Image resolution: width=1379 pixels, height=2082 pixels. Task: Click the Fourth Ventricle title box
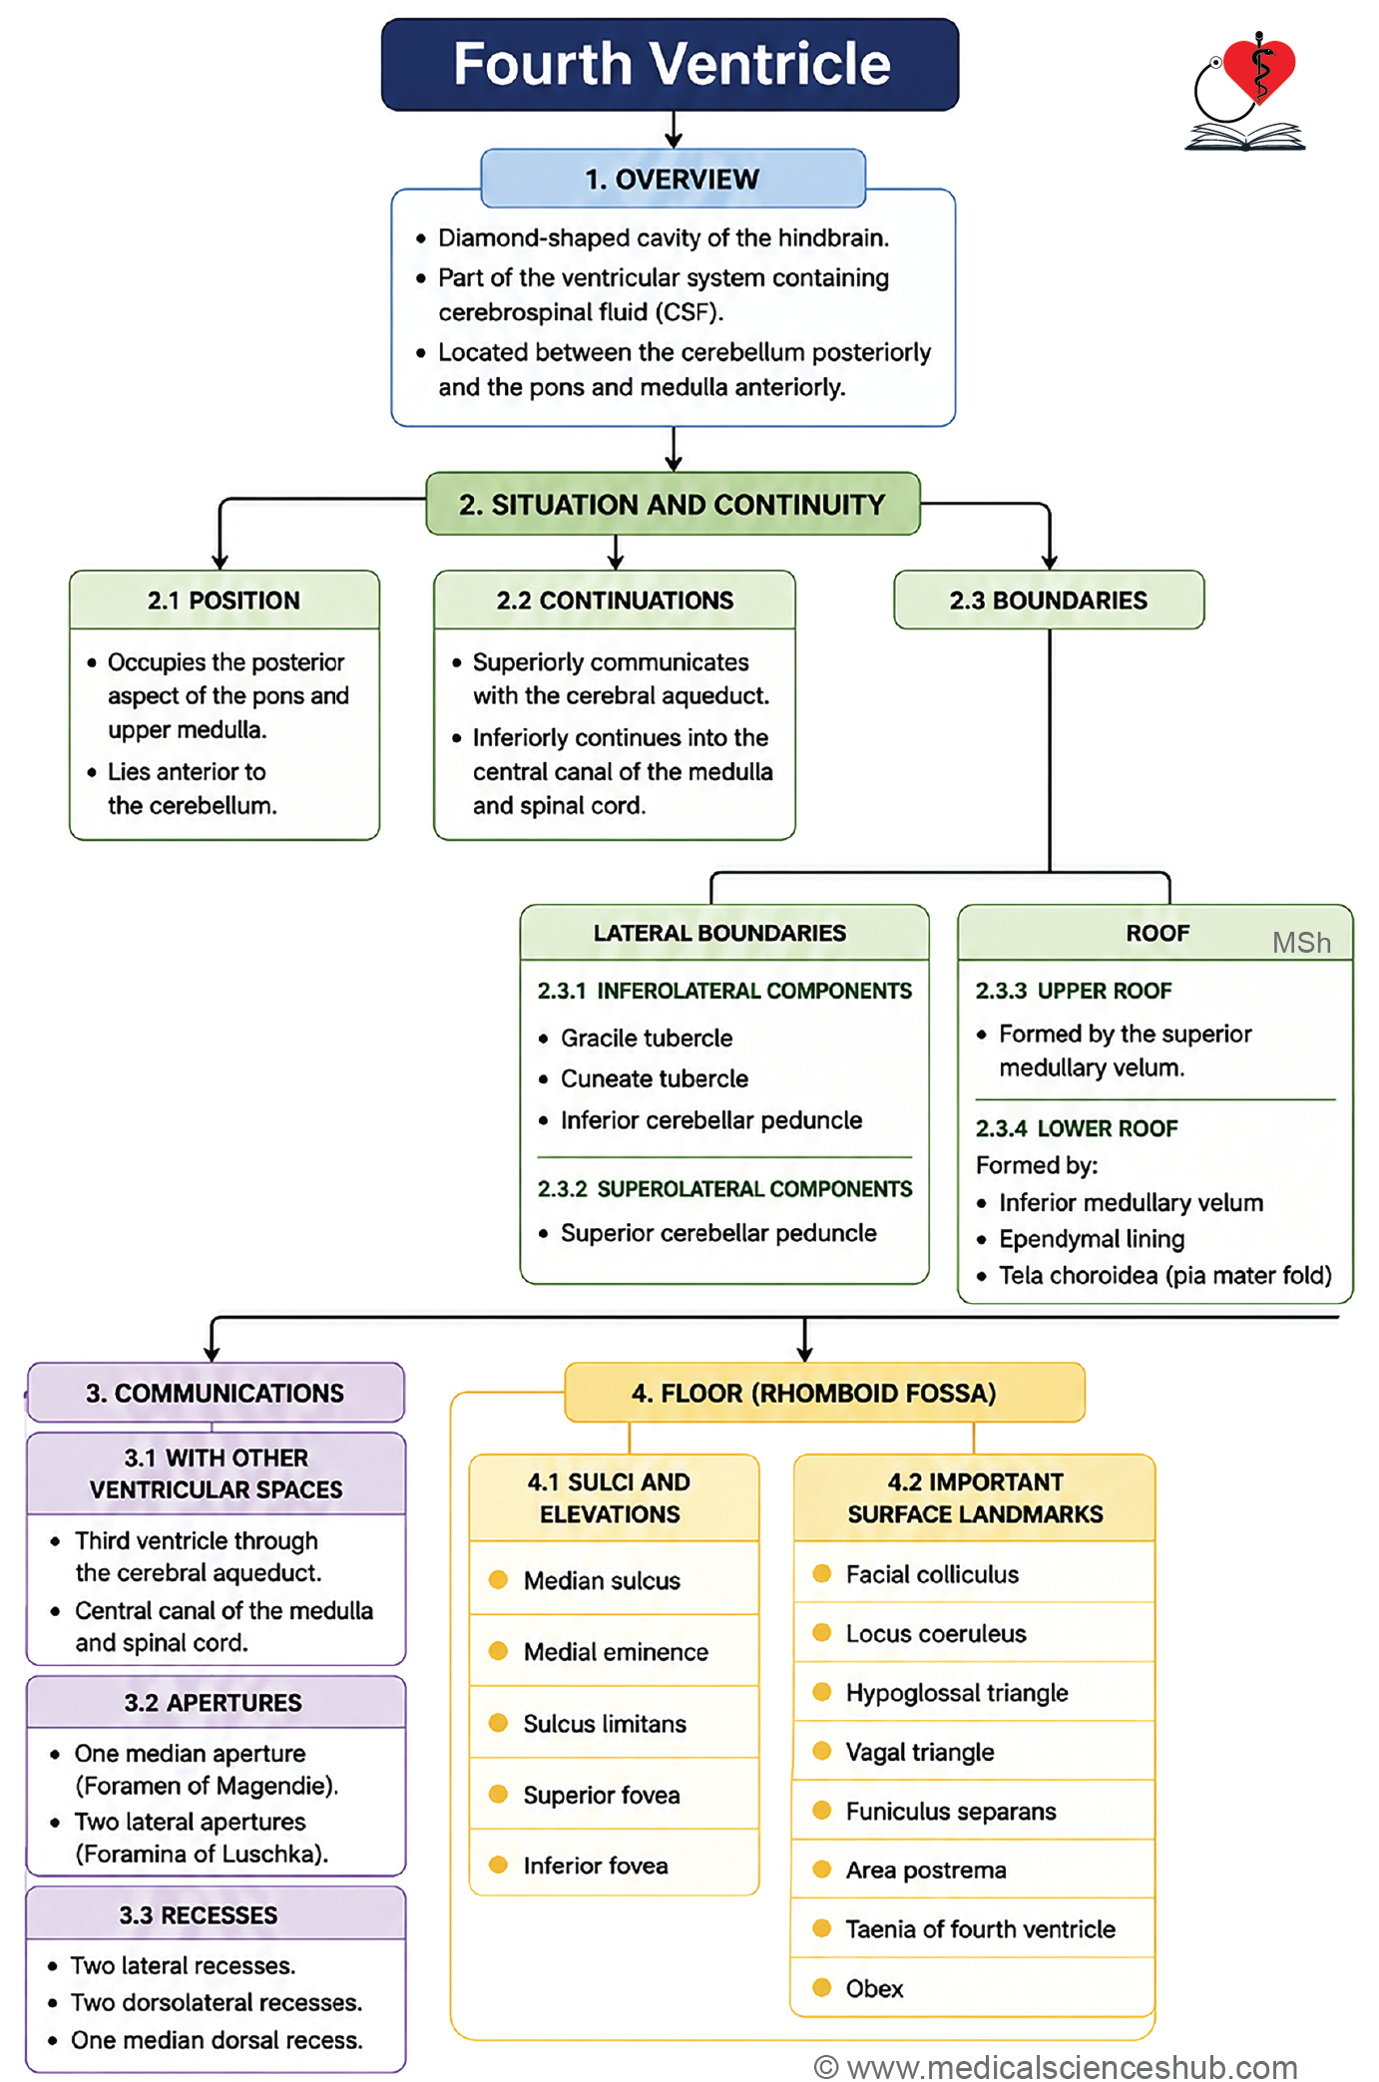click(x=670, y=64)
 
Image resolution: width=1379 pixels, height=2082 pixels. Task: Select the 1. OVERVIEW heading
click(x=673, y=179)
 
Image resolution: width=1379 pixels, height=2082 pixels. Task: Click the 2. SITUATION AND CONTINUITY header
click(x=673, y=504)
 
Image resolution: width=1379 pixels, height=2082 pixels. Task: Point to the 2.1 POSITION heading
click(x=224, y=600)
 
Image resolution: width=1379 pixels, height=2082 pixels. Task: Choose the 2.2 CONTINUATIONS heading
click(x=615, y=600)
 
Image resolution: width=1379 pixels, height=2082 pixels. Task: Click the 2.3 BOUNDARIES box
click(x=1049, y=600)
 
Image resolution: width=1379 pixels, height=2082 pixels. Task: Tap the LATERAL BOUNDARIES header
click(x=719, y=933)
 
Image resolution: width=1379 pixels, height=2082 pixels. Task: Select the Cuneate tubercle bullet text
click(x=655, y=1078)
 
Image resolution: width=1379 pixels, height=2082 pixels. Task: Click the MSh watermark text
click(x=1301, y=943)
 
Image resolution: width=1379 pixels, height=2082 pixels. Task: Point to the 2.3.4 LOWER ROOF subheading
click(x=1077, y=1128)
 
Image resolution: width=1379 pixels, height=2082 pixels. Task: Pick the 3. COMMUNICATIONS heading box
click(x=216, y=1393)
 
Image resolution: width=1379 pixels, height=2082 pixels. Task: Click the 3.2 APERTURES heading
click(x=214, y=1703)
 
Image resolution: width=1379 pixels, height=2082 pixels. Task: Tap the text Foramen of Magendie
click(x=207, y=1786)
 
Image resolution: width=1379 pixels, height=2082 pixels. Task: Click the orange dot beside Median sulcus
click(x=498, y=1579)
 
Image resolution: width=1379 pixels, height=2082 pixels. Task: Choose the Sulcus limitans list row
click(x=615, y=1723)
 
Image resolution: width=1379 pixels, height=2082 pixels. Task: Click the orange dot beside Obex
click(x=822, y=1987)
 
